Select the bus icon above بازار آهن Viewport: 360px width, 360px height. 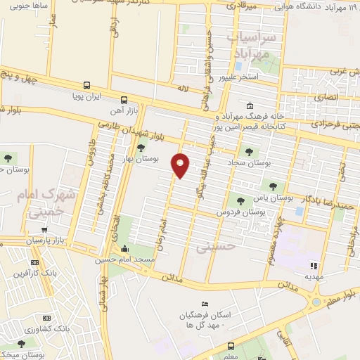[124, 99]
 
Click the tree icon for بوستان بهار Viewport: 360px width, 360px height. [141, 148]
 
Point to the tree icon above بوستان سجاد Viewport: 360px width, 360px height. [247, 150]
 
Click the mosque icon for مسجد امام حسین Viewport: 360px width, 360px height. [125, 249]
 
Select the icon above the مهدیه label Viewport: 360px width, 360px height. [314, 266]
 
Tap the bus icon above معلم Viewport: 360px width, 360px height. [231, 346]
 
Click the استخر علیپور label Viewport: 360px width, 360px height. [257, 76]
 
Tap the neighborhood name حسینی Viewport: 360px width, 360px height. [213, 247]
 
